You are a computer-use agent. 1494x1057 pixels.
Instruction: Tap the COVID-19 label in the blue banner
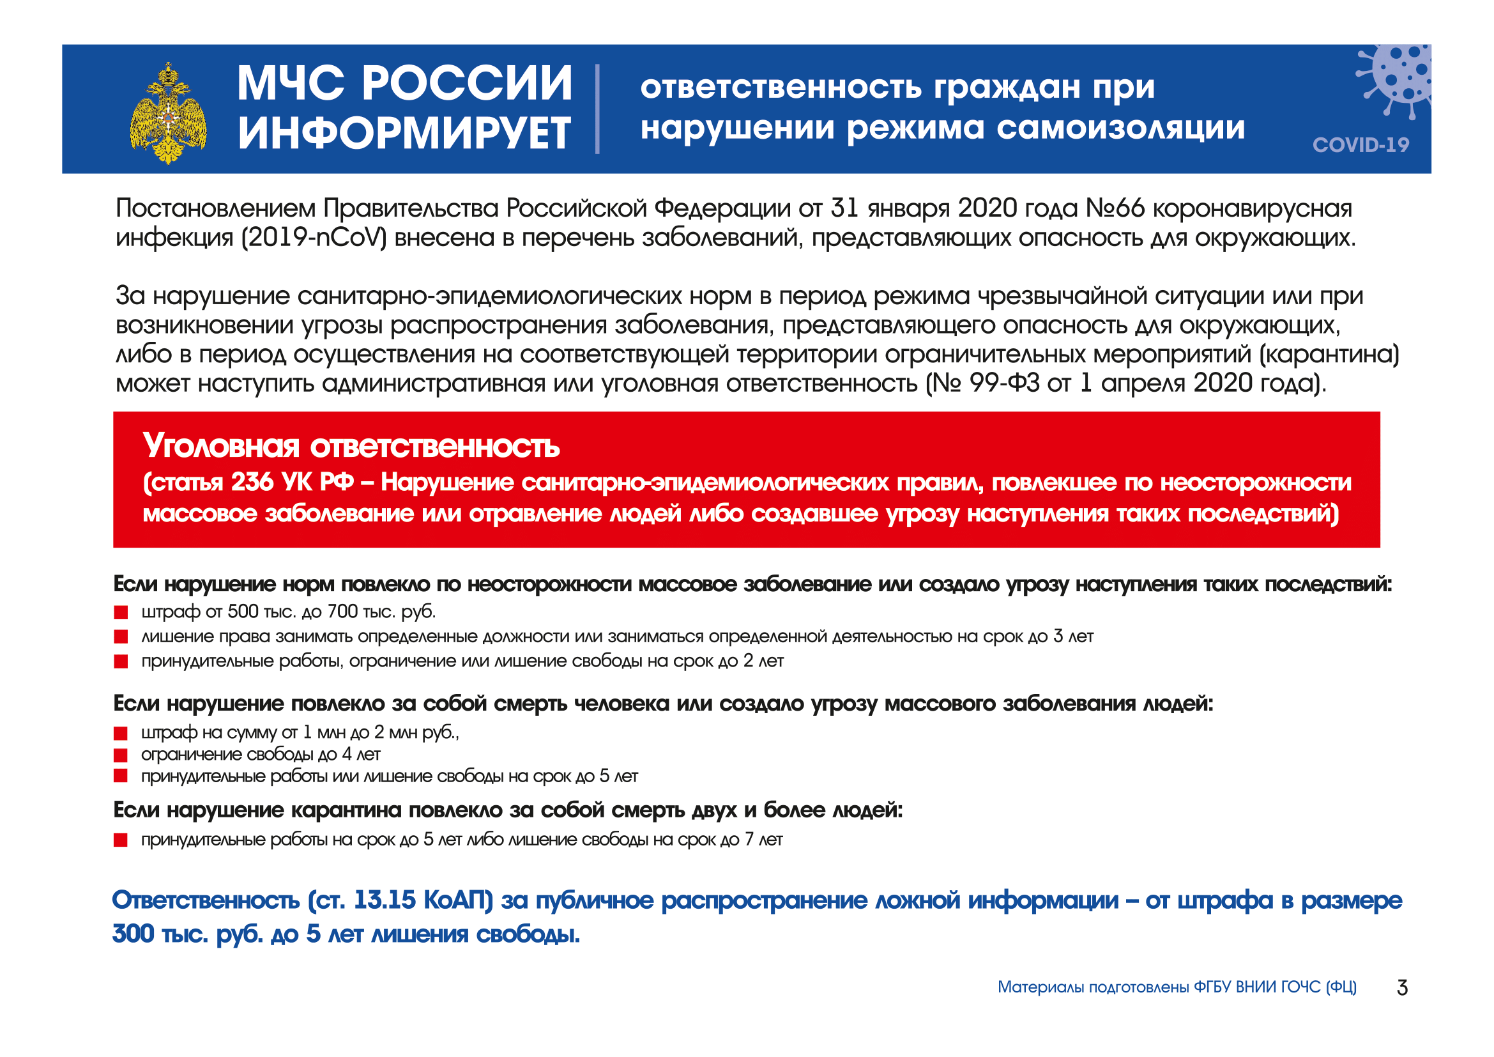coord(1360,144)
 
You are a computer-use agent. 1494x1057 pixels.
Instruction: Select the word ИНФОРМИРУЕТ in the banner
coord(404,134)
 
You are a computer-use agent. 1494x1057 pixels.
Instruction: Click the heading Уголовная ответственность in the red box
coord(351,447)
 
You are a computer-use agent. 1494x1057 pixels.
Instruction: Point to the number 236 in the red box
coord(252,482)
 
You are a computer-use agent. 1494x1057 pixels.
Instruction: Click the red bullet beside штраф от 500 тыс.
coord(121,612)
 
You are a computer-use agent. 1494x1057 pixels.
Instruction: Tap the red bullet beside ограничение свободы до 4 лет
coord(121,755)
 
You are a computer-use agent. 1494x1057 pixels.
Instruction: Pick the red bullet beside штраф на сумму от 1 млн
coord(121,734)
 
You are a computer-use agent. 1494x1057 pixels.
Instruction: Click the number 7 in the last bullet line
coord(749,840)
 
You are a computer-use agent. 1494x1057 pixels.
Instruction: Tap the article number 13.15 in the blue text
coord(385,900)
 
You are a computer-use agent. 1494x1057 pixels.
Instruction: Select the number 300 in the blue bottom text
coord(133,934)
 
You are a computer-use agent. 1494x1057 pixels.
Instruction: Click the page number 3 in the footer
coord(1402,988)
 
